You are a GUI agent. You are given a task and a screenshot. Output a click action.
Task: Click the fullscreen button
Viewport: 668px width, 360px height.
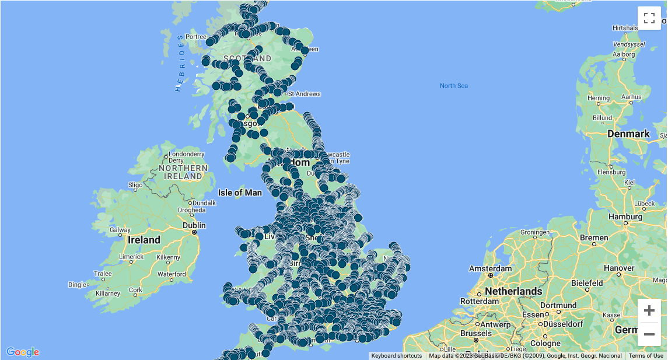649,18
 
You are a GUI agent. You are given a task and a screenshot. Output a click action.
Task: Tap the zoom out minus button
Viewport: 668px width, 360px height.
649,334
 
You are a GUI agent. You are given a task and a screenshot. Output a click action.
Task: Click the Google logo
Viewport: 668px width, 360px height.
23,352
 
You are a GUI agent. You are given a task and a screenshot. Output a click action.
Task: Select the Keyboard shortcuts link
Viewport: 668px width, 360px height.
396,356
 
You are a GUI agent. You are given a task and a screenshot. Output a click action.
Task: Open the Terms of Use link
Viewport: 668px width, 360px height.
646,356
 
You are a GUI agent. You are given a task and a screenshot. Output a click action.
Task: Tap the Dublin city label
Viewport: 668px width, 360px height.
194,225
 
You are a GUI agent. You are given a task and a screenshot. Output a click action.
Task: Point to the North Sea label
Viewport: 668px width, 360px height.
454,86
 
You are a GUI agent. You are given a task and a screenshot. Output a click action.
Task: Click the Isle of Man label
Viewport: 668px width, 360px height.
240,193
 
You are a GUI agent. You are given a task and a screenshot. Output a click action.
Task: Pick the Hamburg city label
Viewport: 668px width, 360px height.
625,217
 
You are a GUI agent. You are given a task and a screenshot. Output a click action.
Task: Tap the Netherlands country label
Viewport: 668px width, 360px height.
513,291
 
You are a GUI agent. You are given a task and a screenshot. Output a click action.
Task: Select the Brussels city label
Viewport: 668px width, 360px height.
475,333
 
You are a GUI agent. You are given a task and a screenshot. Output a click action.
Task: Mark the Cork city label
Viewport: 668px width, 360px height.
135,290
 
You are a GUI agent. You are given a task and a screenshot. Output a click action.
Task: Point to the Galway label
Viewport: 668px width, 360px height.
120,230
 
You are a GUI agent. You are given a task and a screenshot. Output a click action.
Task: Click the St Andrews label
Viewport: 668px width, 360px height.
304,94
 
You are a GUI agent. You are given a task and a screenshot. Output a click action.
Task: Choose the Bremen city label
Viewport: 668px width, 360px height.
594,239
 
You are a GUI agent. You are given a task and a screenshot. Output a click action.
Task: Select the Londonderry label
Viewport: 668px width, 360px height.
186,154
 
